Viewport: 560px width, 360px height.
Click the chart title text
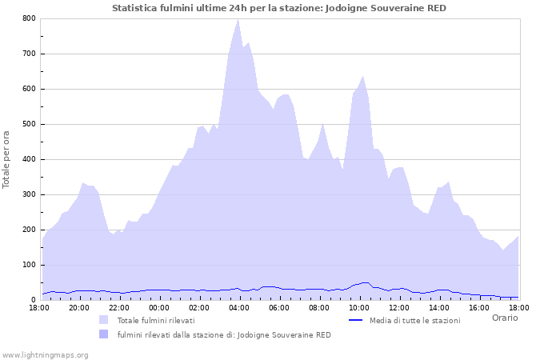279,8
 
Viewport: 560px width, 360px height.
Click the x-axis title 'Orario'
504,318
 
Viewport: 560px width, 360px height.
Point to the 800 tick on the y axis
29,18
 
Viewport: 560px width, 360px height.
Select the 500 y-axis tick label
29,124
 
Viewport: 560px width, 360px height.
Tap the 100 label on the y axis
29,265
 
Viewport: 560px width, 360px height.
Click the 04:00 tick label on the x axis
239,307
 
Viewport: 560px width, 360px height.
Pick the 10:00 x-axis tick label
359,307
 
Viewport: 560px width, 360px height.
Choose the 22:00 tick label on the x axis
119,307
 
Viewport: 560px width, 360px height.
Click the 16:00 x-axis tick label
479,307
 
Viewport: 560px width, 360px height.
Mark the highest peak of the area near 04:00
238,20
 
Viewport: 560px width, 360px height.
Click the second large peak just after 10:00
363,77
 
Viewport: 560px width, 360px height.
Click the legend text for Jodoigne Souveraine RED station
223,334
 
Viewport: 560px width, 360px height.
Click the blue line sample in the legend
357,320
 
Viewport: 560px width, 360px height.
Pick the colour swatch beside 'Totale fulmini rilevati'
104,320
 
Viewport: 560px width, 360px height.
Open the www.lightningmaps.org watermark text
45,354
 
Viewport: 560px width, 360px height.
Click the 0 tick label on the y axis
33,300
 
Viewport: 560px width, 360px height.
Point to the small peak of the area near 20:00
83,183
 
